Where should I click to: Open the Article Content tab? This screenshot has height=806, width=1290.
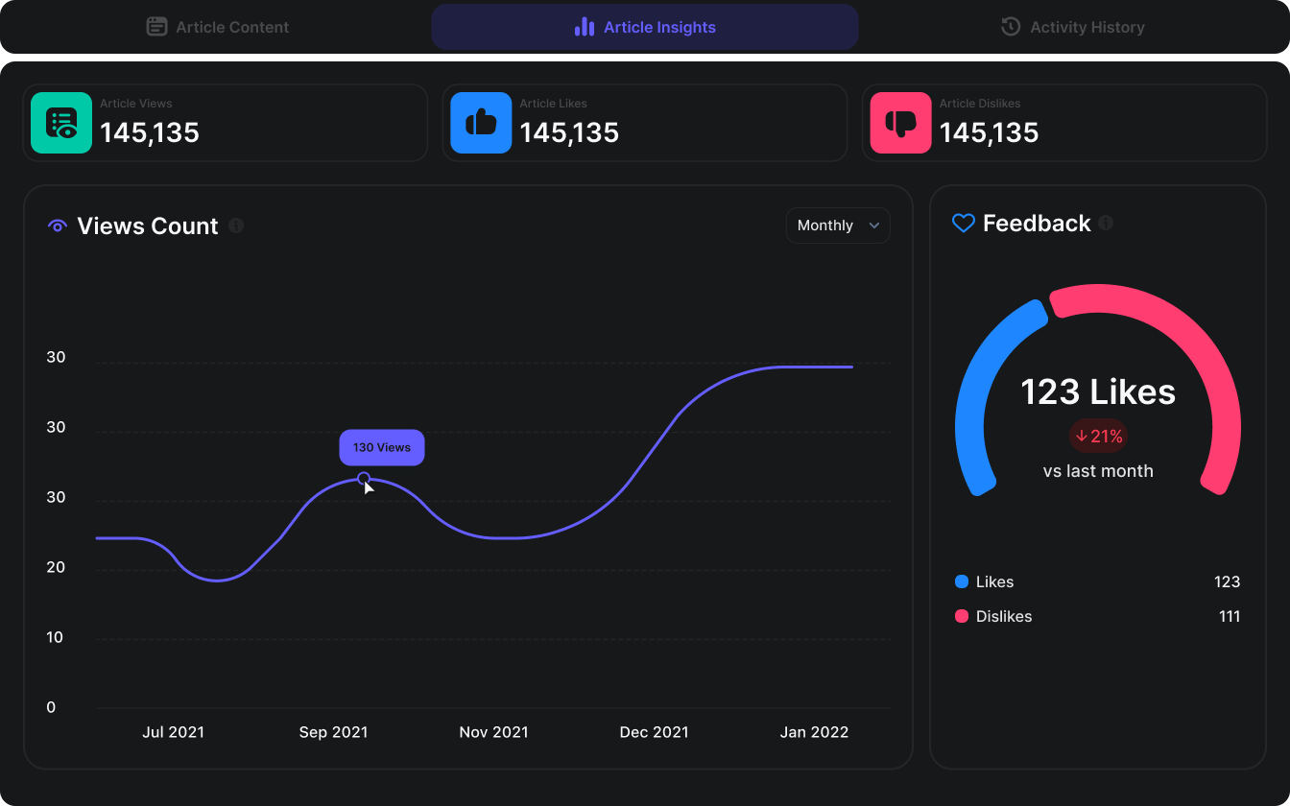(x=218, y=27)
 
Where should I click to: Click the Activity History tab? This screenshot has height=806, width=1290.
(x=1072, y=27)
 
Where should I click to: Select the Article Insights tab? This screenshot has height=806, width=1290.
(x=644, y=27)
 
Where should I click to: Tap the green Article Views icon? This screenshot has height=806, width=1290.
(x=61, y=123)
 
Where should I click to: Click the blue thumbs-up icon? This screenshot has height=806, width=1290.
(x=481, y=123)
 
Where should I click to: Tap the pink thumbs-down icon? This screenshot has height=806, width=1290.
(x=900, y=123)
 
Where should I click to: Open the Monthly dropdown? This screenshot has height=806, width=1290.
(x=838, y=225)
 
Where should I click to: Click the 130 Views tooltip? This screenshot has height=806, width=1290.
(x=382, y=447)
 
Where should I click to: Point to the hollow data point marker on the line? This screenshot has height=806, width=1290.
(x=364, y=478)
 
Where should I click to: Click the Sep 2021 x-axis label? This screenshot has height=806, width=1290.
(x=333, y=732)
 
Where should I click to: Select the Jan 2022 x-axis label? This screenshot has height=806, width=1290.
(x=814, y=732)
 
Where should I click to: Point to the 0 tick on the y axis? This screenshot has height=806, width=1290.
(x=51, y=707)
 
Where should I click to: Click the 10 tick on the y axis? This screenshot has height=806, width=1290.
(x=55, y=637)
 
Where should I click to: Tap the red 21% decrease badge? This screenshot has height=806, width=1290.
(x=1099, y=436)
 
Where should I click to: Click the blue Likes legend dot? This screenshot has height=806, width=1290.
(x=962, y=581)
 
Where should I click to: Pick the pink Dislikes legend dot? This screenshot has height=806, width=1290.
(x=962, y=616)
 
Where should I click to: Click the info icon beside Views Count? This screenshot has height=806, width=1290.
(x=236, y=225)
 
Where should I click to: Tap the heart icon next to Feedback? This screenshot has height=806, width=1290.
(x=964, y=223)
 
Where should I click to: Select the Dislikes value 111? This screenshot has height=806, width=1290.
(x=1230, y=616)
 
